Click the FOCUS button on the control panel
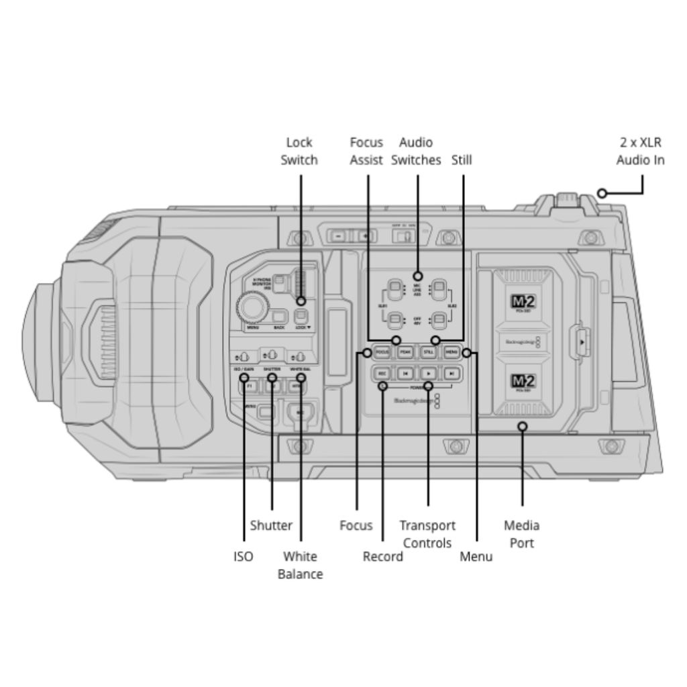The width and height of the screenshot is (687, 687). [x=382, y=352]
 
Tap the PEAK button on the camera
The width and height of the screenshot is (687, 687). [x=405, y=352]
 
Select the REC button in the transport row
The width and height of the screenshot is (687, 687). [x=382, y=373]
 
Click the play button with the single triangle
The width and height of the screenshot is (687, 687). [x=428, y=373]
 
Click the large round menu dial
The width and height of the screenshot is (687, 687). [x=253, y=308]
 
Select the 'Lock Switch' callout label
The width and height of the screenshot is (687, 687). [x=299, y=151]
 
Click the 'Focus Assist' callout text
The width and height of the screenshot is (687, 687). [x=366, y=151]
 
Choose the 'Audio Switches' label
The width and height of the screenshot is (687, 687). [x=416, y=151]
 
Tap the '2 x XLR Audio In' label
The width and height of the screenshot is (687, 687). [x=641, y=151]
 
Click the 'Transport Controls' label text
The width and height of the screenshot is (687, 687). [x=427, y=534]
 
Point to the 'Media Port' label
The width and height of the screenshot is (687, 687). [x=522, y=534]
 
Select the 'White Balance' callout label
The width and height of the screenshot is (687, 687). [x=300, y=565]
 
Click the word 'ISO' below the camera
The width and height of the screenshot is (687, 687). [x=244, y=556]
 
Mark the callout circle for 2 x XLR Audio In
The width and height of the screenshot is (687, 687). [x=602, y=193]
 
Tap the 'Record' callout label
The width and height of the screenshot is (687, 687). [x=382, y=556]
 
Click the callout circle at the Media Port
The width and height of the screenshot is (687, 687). [x=523, y=426]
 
